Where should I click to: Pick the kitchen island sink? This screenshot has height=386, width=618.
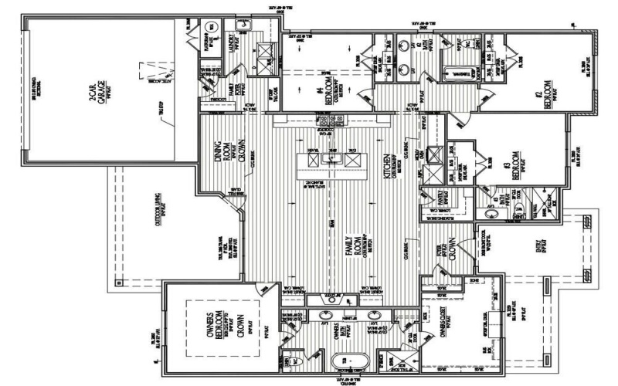(x=333, y=159)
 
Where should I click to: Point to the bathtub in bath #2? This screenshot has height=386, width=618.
(x=460, y=75)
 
